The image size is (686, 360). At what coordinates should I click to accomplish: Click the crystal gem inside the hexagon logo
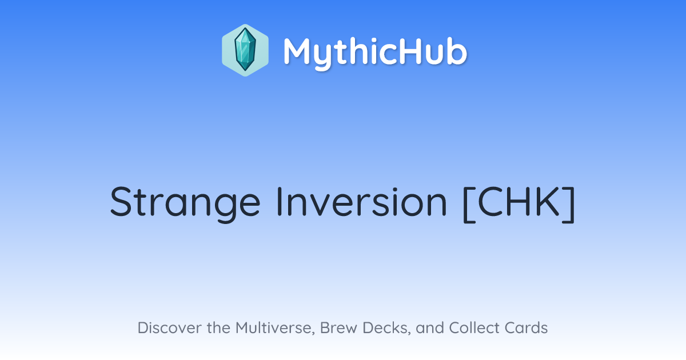245,50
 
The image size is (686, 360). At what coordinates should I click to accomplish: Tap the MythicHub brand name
375,53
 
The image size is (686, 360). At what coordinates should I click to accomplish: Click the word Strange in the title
185,203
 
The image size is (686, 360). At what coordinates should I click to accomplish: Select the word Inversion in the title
362,202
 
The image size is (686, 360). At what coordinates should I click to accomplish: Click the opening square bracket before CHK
469,204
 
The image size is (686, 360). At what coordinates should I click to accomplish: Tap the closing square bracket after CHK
569,204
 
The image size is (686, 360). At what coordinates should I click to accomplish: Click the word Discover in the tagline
170,327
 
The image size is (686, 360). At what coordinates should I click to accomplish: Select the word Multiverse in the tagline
276,328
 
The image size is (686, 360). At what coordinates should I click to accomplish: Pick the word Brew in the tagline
338,327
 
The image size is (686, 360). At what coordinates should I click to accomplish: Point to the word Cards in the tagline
526,327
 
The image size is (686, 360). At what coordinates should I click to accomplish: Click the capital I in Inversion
279,202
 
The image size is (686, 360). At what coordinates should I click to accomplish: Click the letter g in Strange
225,209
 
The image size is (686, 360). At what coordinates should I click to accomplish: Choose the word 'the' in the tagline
218,327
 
